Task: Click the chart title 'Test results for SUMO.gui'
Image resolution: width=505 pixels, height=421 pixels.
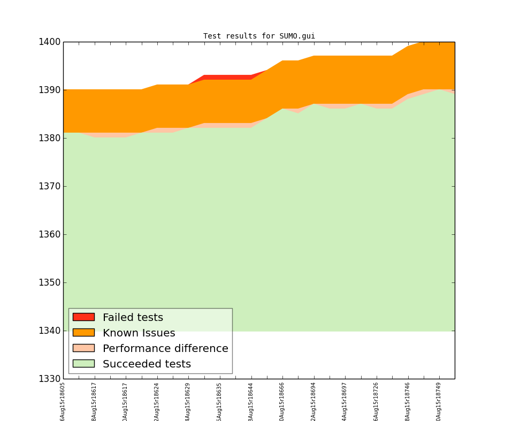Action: (x=259, y=36)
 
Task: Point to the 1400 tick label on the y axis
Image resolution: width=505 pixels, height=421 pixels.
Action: (x=49, y=42)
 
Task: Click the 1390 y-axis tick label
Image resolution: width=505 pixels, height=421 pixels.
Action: (x=49, y=90)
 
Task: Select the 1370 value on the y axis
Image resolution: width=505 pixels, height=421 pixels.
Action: (x=49, y=186)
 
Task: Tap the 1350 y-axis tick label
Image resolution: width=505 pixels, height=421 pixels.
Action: (x=49, y=282)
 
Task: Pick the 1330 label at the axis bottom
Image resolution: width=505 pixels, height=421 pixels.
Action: (x=49, y=379)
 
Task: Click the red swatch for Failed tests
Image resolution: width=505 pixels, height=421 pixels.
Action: (x=83, y=317)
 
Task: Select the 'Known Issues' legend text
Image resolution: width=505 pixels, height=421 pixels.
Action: (x=139, y=333)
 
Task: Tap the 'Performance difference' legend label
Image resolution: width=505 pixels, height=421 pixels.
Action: (x=165, y=349)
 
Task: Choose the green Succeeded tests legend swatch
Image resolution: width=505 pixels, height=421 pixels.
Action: (x=83, y=364)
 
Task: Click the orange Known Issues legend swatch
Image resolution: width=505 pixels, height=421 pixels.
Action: (x=83, y=333)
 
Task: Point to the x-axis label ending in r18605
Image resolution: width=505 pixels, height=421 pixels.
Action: (x=63, y=401)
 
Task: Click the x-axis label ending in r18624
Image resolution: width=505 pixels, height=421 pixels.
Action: (x=157, y=401)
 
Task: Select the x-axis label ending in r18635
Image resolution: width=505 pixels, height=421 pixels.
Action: (x=220, y=401)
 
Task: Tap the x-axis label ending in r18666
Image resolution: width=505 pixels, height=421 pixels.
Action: (x=282, y=401)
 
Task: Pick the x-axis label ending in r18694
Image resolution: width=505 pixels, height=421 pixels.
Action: (x=314, y=401)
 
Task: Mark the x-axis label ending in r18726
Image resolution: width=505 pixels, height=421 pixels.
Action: (x=377, y=401)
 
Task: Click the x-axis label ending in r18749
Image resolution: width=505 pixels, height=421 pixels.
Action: (x=439, y=401)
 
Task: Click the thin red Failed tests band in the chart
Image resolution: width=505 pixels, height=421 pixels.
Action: (x=227, y=77)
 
